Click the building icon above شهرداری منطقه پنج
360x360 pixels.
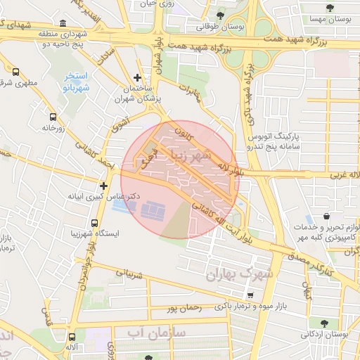pos(64,23)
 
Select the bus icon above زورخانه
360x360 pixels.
pos(52,117)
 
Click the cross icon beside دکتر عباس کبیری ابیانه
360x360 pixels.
pos(103,186)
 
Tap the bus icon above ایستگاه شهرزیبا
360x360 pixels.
pos(94,222)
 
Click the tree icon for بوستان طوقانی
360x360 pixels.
pos(221,15)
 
